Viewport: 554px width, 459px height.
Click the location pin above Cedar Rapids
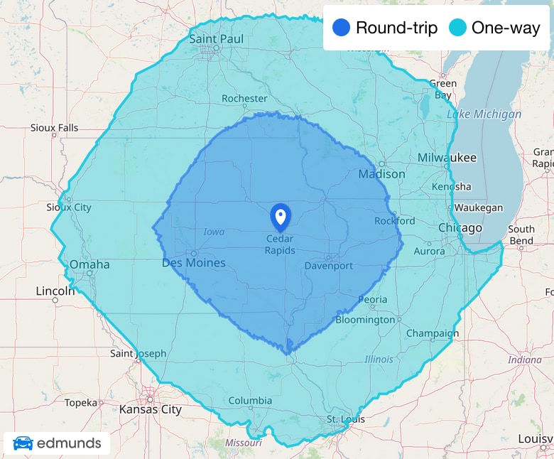click(x=281, y=216)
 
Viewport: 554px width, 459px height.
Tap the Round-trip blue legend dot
click(x=341, y=28)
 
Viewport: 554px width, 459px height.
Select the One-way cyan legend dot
click(x=457, y=28)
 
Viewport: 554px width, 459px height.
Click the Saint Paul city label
click(x=217, y=38)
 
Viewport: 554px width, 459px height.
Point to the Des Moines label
click(x=194, y=263)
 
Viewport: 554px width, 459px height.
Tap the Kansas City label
click(x=151, y=409)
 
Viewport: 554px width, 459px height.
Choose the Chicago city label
click(x=460, y=228)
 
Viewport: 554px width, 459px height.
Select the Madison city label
click(x=381, y=174)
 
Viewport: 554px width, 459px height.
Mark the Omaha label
click(x=89, y=264)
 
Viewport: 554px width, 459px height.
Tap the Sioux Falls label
click(x=54, y=128)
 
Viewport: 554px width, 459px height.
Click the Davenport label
click(x=328, y=266)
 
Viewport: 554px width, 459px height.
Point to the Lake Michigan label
click(x=484, y=114)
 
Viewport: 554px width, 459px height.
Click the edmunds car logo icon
click(x=23, y=444)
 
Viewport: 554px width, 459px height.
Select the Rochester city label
click(x=244, y=98)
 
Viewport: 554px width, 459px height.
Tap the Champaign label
click(x=433, y=333)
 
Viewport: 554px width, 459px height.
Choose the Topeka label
click(x=80, y=403)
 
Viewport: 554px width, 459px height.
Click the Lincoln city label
click(x=55, y=291)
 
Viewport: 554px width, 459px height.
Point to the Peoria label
click(x=373, y=300)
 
